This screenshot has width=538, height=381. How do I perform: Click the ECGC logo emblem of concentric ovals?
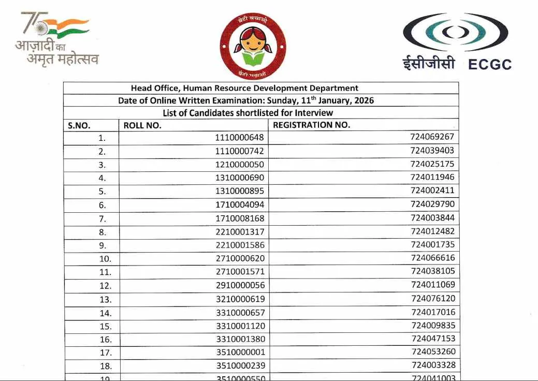(455, 32)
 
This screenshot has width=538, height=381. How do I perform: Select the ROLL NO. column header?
(142, 125)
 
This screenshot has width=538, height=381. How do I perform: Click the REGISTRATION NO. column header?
(311, 125)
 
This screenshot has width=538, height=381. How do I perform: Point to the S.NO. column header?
(79, 125)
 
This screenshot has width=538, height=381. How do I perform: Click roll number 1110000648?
(240, 138)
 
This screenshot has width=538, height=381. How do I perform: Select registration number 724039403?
(432, 151)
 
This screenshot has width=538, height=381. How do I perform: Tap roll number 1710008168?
(240, 218)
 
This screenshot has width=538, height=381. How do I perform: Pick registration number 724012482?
(432, 231)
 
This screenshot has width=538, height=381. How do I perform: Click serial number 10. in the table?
(105, 259)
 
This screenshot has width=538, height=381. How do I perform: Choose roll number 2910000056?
(240, 285)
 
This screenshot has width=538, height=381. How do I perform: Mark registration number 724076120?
(432, 298)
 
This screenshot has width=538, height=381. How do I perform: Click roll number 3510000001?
(240, 352)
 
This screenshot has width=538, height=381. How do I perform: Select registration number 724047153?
(432, 339)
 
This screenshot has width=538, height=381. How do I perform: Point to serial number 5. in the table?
(102, 192)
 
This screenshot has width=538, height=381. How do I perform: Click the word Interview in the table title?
(314, 112)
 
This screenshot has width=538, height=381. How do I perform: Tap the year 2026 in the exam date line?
(362, 100)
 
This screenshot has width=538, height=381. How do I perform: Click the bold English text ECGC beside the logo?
(489, 64)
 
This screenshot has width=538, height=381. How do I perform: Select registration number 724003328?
(432, 365)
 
